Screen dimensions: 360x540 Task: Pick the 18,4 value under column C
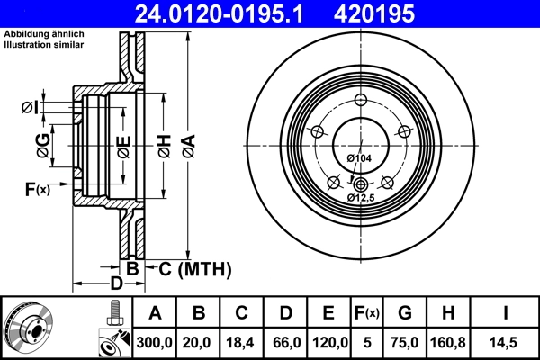(241, 342)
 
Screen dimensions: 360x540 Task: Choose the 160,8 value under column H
(447, 342)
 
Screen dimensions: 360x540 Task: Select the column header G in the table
(405, 313)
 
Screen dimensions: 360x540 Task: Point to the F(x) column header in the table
(367, 313)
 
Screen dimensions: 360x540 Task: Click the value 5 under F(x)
(367, 342)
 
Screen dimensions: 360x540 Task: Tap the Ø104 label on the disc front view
(358, 159)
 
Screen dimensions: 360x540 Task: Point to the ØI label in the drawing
(29, 109)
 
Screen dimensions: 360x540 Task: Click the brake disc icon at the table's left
(28, 328)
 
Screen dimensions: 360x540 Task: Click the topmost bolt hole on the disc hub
(360, 100)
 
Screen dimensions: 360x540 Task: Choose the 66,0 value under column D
(284, 342)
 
